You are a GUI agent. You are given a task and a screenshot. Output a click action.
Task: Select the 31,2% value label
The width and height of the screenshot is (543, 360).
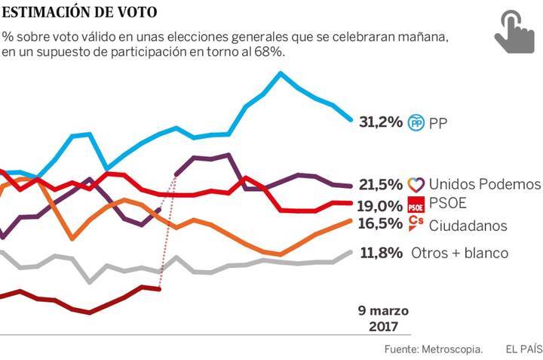pos(380,122)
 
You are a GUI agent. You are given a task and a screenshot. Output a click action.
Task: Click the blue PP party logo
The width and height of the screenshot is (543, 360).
pos(416,122)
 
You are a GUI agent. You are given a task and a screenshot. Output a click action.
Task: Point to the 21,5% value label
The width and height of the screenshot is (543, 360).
pos(380,184)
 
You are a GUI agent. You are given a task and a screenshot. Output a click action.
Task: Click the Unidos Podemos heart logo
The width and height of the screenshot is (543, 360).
pos(416,184)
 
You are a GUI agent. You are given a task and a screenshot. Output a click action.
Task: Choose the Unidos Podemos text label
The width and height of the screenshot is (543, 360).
pos(484,184)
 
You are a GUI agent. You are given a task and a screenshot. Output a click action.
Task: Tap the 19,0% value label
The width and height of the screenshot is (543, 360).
pos(380,205)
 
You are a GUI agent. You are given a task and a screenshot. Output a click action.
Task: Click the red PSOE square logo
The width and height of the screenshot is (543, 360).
pos(416,205)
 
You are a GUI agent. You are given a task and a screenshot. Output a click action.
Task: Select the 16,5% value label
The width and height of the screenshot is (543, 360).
pos(380,224)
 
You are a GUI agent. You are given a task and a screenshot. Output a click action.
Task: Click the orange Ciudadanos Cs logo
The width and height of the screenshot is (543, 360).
pos(416,223)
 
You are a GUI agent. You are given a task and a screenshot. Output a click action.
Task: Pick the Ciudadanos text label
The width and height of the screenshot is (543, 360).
pos(467,226)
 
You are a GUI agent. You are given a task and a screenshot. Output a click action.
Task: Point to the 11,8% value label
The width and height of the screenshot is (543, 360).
pos(380,253)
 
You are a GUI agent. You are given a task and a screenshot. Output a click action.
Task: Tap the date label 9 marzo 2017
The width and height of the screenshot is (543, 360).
pos(382,318)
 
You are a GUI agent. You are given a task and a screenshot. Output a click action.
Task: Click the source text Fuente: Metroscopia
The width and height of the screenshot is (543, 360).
pos(433,349)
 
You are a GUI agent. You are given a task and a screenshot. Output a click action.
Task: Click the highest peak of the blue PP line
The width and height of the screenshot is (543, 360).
pos(281,74)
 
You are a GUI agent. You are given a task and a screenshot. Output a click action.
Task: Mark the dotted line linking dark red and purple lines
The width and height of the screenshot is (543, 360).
pos(167,230)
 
